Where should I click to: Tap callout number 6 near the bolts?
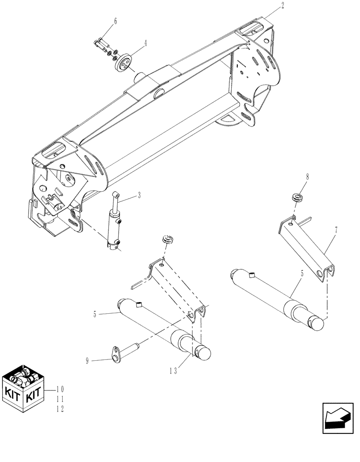(x=115, y=21)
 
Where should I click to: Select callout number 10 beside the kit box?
(x=60, y=389)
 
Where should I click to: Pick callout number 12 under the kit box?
(x=60, y=409)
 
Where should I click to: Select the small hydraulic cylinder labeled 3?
(x=115, y=223)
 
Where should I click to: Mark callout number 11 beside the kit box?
(x=60, y=399)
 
